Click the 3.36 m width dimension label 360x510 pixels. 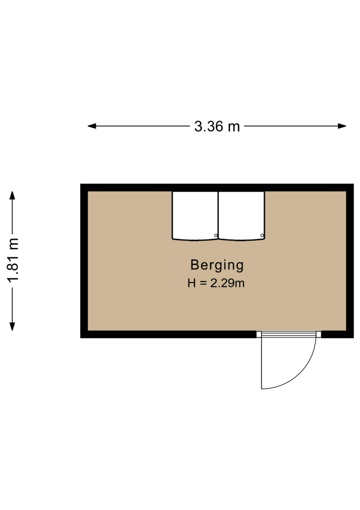(217, 127)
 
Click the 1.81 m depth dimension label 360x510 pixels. (14, 260)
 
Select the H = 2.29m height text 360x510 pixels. (216, 283)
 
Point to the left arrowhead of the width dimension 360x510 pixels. (92, 126)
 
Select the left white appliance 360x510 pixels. (195, 216)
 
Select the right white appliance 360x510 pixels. (242, 216)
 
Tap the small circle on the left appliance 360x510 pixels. (216, 235)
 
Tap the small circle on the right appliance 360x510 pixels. (262, 235)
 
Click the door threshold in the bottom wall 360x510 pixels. (289, 334)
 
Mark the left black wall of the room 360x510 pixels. (84, 261)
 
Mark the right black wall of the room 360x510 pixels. (350, 261)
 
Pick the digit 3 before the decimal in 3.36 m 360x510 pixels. (198, 127)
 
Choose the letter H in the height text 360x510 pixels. (192, 283)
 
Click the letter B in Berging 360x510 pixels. (194, 265)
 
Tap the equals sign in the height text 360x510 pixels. (203, 283)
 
